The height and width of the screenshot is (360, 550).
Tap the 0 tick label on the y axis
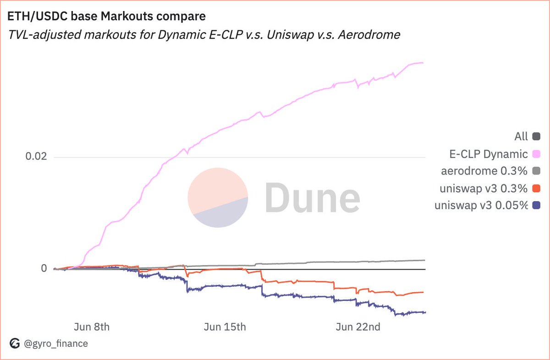[x=44, y=268]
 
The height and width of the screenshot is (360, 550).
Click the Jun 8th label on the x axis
[x=92, y=327]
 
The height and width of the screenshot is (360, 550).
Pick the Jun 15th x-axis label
[x=225, y=327]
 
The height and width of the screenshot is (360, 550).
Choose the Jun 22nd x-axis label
[x=357, y=327]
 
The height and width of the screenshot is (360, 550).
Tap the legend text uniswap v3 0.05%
[x=481, y=206]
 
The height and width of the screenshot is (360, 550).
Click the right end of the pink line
[x=423, y=63]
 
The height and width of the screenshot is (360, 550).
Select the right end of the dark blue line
[x=425, y=312]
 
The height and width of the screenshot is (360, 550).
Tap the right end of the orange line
[x=423, y=292]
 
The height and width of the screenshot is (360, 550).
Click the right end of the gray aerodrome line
[x=424, y=260]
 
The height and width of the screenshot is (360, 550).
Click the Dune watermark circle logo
[x=218, y=197]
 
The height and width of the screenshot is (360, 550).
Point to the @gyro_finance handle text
[x=55, y=343]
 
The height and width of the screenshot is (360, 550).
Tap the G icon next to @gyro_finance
[x=15, y=343]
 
